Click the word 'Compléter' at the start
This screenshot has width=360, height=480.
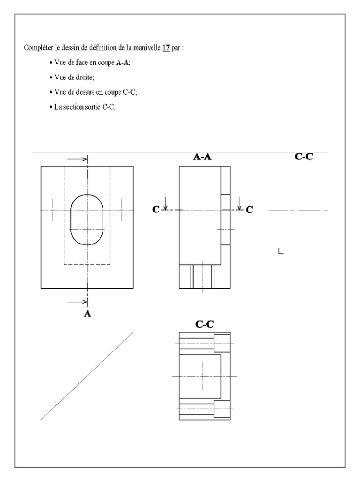(37, 48)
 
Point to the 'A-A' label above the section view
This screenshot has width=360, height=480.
(202, 157)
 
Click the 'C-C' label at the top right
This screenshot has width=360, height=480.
(304, 157)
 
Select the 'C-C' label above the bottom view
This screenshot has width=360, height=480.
(205, 324)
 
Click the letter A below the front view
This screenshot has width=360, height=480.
(87, 314)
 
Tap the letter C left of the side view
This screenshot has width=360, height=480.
(156, 210)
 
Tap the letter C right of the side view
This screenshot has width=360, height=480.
(249, 210)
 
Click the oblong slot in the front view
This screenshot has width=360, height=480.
(87, 219)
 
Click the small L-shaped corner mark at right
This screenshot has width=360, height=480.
(281, 251)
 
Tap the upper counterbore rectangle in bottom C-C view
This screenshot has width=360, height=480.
(222, 343)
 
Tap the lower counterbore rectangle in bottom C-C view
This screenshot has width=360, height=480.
(222, 408)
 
